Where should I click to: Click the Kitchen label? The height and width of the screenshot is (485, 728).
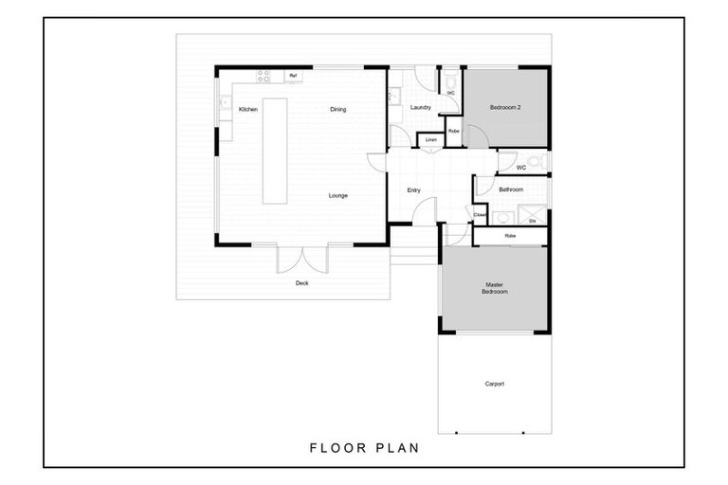247,110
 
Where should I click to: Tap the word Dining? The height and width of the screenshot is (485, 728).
337,110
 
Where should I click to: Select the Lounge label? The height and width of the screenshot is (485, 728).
337,196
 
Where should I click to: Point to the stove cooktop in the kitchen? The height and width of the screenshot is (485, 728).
264,76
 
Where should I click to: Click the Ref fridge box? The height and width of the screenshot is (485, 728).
294,76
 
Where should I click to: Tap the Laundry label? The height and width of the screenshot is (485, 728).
421,108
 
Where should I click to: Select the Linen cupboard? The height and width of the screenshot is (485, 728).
431,140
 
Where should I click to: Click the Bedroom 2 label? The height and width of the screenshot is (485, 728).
506,108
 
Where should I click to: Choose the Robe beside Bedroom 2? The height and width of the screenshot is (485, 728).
454,131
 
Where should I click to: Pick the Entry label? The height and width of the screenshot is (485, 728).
413,190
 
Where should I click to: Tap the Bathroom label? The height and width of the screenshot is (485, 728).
512,189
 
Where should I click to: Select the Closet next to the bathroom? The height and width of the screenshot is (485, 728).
480,215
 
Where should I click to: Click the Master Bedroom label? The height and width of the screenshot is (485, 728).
495,288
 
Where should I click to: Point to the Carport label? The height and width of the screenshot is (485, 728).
494,384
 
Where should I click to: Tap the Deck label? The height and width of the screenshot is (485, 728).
301,283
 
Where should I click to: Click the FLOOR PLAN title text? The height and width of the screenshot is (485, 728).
364,447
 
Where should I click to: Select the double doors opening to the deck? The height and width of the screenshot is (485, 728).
302,259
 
